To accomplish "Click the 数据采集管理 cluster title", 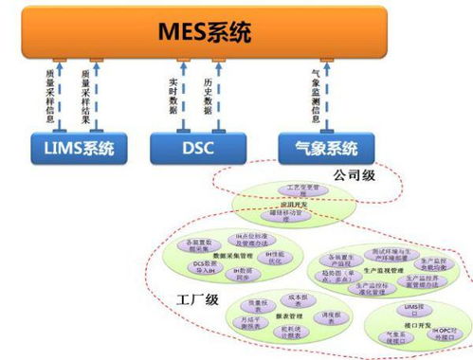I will pos(232,256).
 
